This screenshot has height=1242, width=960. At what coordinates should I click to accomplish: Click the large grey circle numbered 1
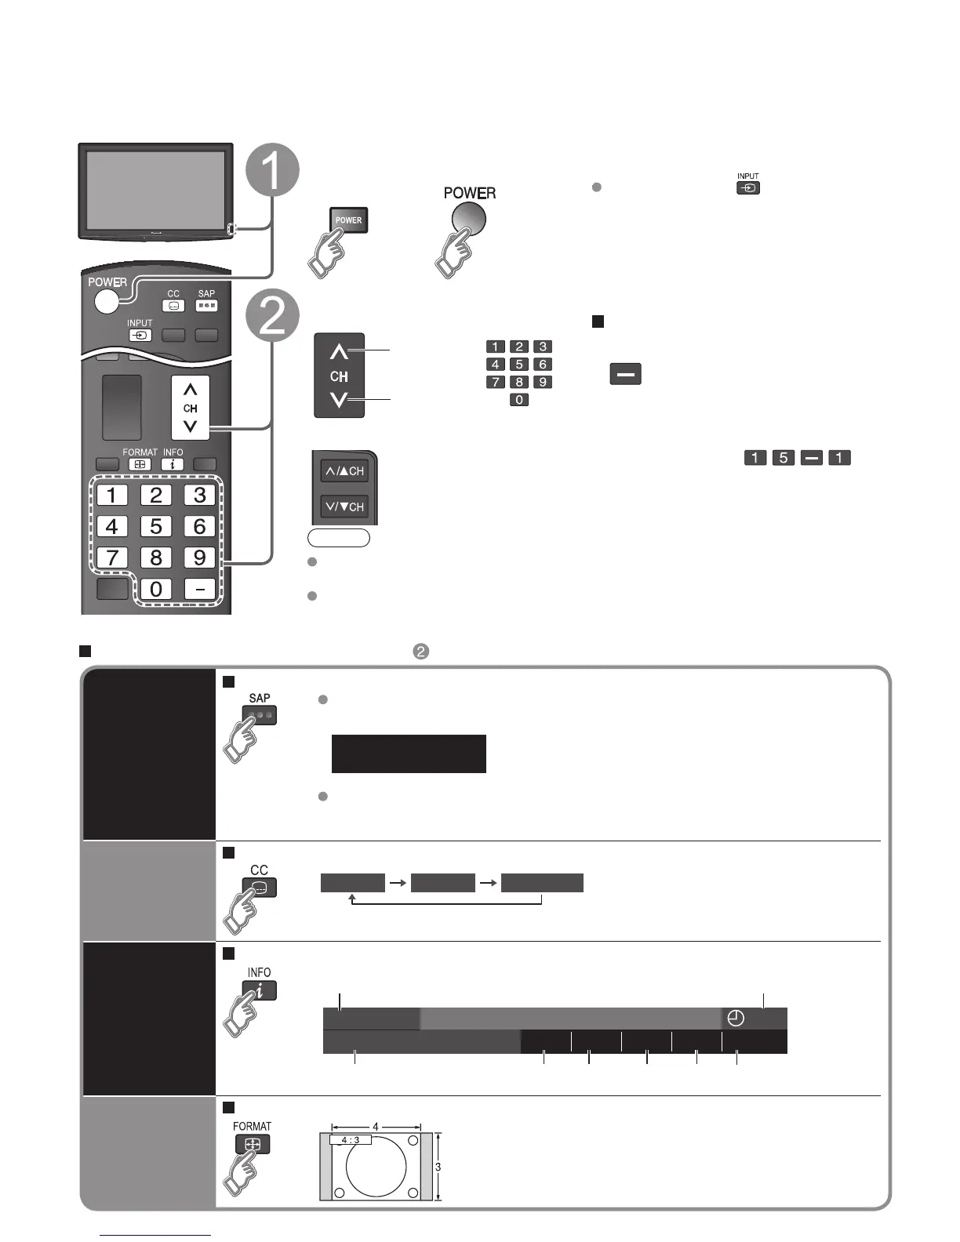pyautogui.click(x=271, y=170)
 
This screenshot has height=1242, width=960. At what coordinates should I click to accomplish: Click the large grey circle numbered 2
pyautogui.click(x=272, y=316)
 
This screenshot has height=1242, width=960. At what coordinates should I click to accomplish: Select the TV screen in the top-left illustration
pyautogui.click(x=155, y=189)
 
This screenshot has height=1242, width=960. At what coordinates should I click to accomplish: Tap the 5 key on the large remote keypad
pyautogui.click(x=155, y=526)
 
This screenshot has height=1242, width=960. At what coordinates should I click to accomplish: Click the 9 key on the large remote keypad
pyautogui.click(x=199, y=557)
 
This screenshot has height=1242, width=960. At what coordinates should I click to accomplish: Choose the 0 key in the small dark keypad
pyautogui.click(x=518, y=400)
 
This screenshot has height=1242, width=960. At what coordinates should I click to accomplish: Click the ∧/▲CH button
pyautogui.click(x=344, y=471)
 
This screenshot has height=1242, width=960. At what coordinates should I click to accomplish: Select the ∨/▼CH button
pyautogui.click(x=344, y=507)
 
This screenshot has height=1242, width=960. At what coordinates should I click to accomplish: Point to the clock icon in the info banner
pyautogui.click(x=736, y=1019)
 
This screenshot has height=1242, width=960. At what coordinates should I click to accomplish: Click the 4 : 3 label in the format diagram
pyautogui.click(x=351, y=1139)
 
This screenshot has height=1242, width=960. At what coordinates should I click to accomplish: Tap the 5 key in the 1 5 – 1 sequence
pyautogui.click(x=783, y=458)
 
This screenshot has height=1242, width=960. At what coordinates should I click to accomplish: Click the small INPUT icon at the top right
pyautogui.click(x=748, y=188)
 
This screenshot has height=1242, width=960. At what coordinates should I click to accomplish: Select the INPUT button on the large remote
pyautogui.click(x=140, y=335)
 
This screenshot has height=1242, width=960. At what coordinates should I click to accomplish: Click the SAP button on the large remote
pyautogui.click(x=206, y=306)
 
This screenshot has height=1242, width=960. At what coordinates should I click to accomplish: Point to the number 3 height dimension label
pyautogui.click(x=438, y=1167)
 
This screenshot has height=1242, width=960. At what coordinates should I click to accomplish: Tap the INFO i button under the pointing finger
pyautogui.click(x=260, y=991)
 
